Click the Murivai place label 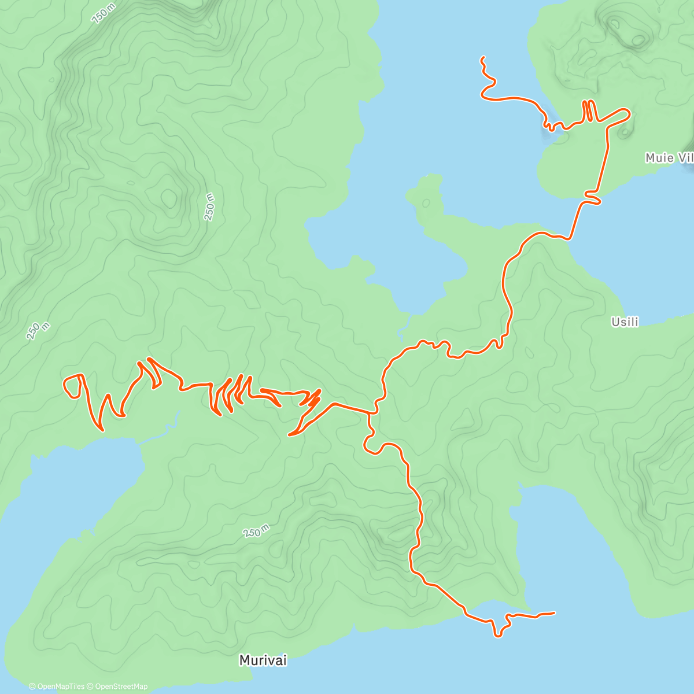pos(263,660)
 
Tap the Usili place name pos(625,322)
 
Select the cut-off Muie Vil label pos(669,158)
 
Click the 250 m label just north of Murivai pos(256,531)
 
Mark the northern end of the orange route pos(482,57)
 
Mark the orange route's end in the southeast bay pos(553,612)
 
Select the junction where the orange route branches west pos(370,413)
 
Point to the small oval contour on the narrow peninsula pos(426,203)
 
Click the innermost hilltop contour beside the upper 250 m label pos(169,198)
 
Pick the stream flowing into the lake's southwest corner pos(405,327)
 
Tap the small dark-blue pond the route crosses pos(549,126)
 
